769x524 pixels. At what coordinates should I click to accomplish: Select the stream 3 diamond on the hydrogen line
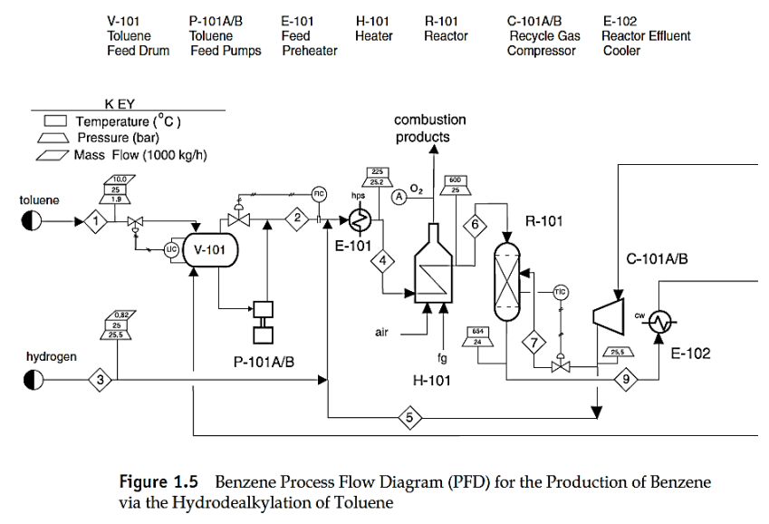(x=102, y=380)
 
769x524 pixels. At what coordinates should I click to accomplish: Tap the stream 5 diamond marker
(x=409, y=418)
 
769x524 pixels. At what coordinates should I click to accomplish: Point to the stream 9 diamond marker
(x=624, y=379)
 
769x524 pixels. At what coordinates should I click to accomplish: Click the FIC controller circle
(x=319, y=193)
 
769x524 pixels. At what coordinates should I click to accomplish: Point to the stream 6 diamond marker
(x=476, y=223)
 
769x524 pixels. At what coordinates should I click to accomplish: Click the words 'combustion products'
(x=430, y=128)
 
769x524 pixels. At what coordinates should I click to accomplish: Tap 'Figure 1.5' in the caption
(x=152, y=481)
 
